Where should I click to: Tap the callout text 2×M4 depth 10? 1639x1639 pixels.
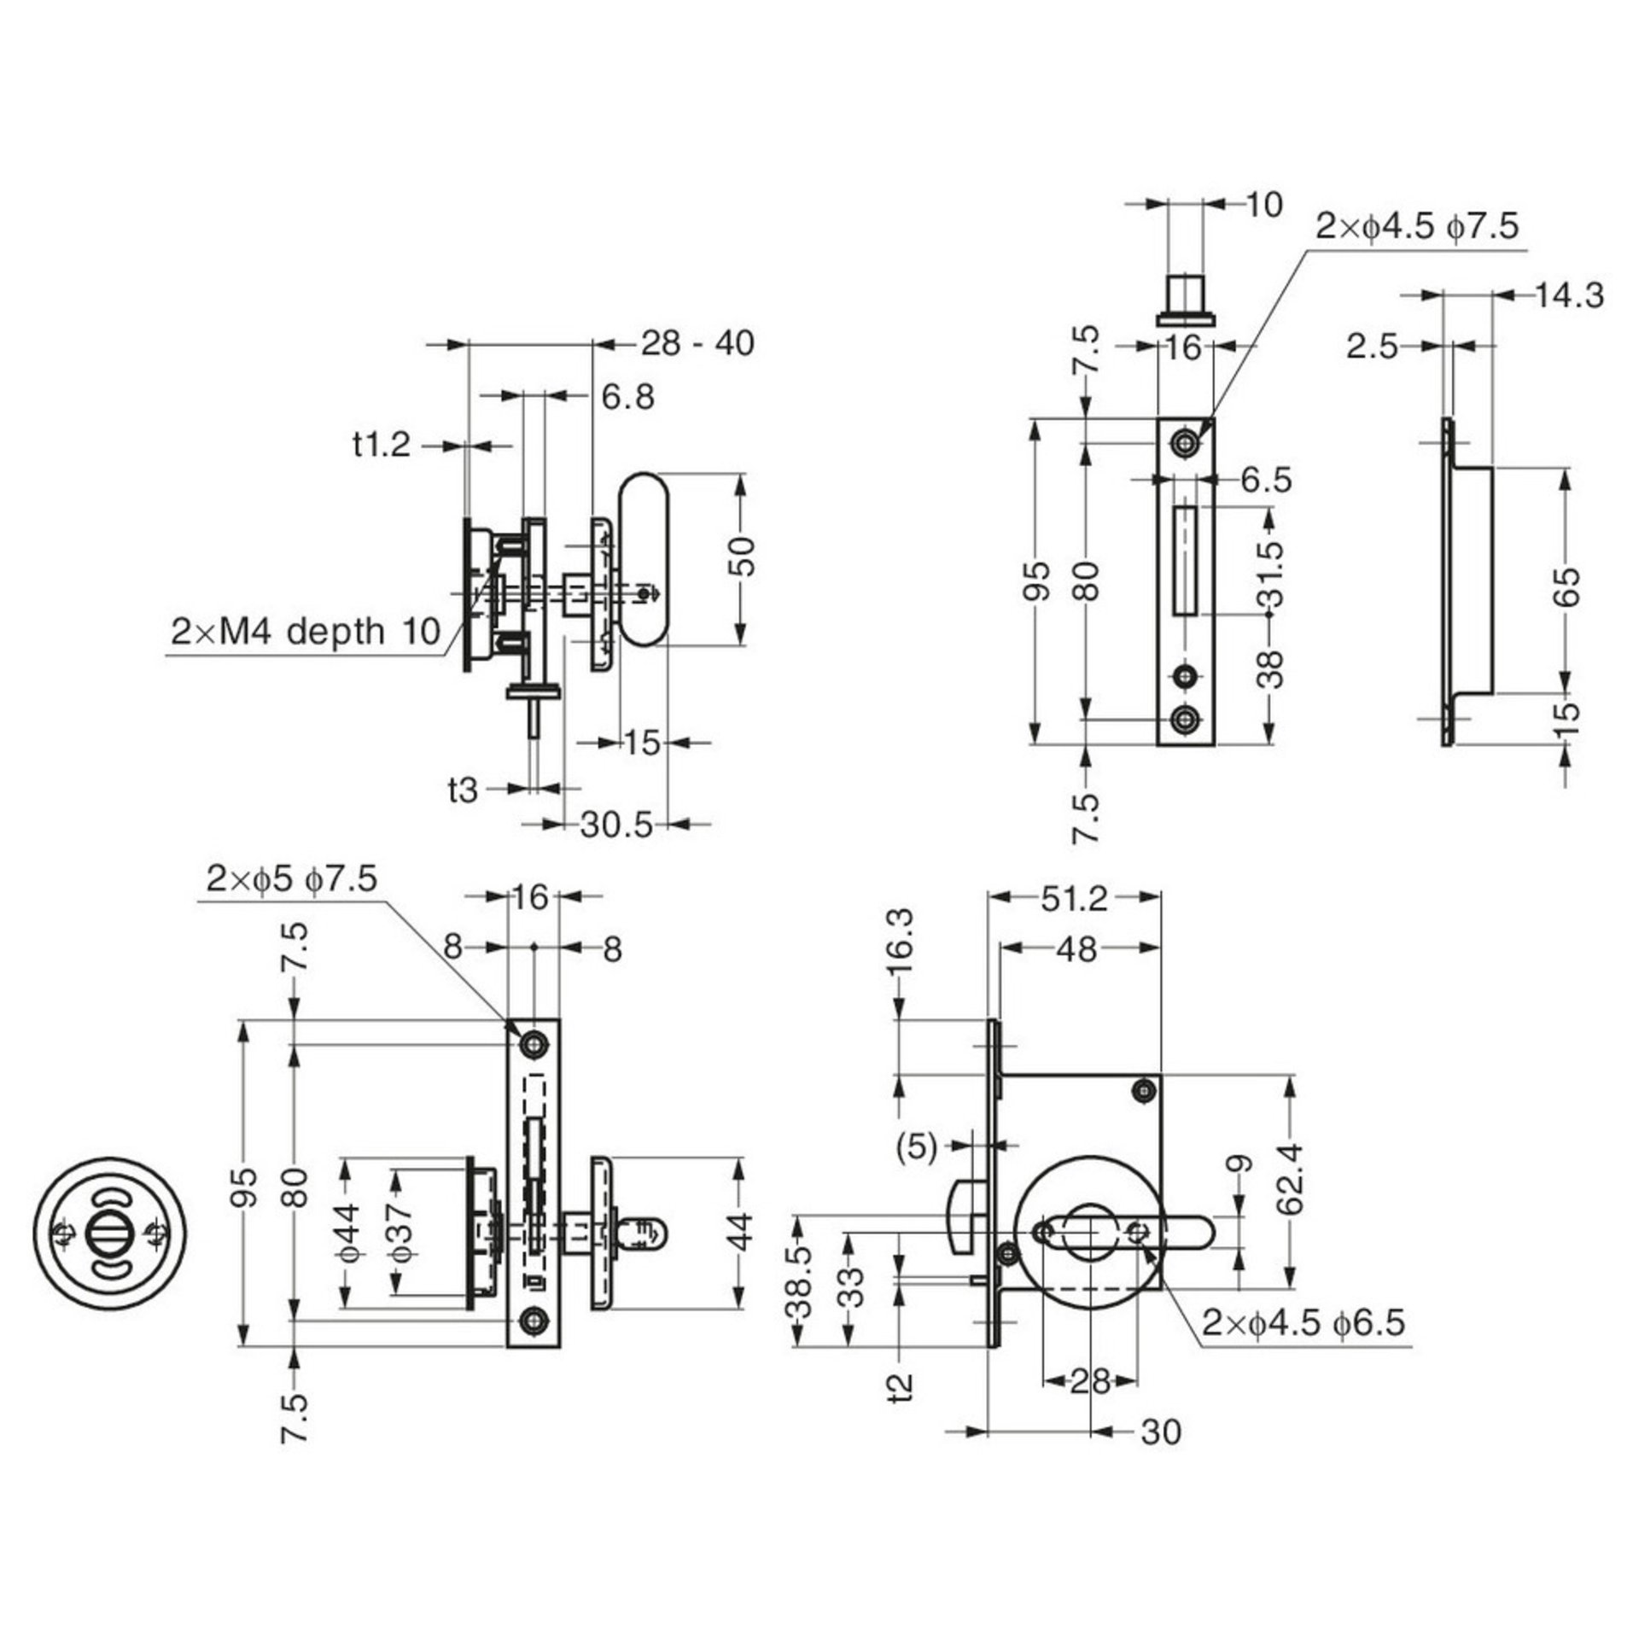pyautogui.click(x=305, y=633)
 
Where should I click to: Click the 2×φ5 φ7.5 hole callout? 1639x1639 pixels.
pyautogui.click(x=291, y=879)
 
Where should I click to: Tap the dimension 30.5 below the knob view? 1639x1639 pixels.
pyautogui.click(x=616, y=825)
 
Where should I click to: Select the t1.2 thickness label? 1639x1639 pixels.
pyautogui.click(x=382, y=445)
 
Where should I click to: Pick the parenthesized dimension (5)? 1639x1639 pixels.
pyautogui.click(x=917, y=1148)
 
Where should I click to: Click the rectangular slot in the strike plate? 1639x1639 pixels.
pyautogui.click(x=1185, y=561)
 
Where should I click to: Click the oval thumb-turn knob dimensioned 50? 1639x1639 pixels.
pyautogui.click(x=644, y=559)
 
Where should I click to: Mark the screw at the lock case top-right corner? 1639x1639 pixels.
pyautogui.click(x=1145, y=1089)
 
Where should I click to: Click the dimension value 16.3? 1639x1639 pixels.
pyautogui.click(x=905, y=941)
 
